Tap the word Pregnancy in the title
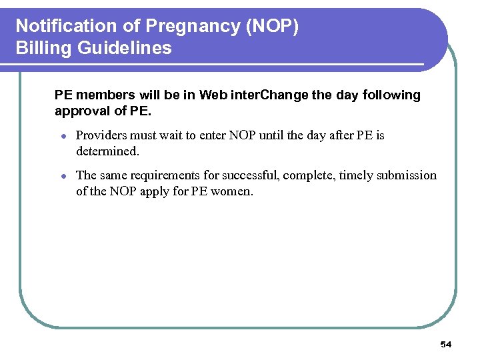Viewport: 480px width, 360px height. (x=174, y=26)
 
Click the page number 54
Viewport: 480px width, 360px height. (x=445, y=345)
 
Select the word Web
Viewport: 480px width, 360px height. (x=213, y=95)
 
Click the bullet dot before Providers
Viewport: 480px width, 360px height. (x=61, y=136)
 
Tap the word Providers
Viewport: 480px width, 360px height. (x=103, y=135)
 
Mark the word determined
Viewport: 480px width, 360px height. (x=108, y=151)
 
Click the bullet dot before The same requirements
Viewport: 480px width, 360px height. (x=61, y=176)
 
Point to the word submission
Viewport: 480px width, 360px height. (x=407, y=176)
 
